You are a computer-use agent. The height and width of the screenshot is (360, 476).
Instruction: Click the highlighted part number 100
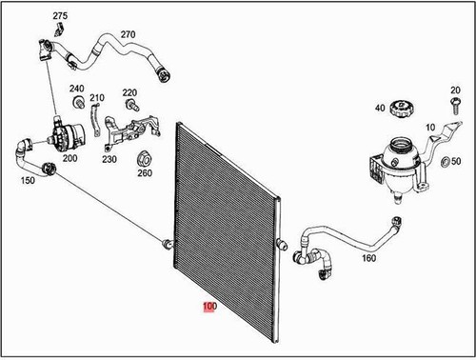pyautogui.click(x=208, y=308)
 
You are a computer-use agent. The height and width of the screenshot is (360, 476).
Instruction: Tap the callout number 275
pyautogui.click(x=60, y=17)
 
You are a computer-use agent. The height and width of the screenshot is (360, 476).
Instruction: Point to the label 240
pyautogui.click(x=76, y=89)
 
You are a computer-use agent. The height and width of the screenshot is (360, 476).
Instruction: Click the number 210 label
pyautogui.click(x=97, y=98)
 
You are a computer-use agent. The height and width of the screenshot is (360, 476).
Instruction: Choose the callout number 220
pyautogui.click(x=130, y=91)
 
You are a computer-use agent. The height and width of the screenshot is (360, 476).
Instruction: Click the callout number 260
pyautogui.click(x=144, y=172)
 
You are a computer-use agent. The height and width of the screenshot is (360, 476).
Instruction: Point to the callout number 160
pyautogui.click(x=368, y=258)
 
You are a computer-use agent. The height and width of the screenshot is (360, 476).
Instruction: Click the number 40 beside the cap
pyautogui.click(x=380, y=109)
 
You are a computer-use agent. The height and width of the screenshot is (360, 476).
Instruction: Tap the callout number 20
pyautogui.click(x=454, y=90)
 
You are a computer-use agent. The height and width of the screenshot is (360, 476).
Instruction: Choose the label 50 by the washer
pyautogui.click(x=456, y=162)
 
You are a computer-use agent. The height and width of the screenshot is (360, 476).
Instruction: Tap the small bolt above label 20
pyautogui.click(x=454, y=105)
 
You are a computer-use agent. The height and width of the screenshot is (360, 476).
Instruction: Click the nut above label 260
pyautogui.click(x=145, y=157)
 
